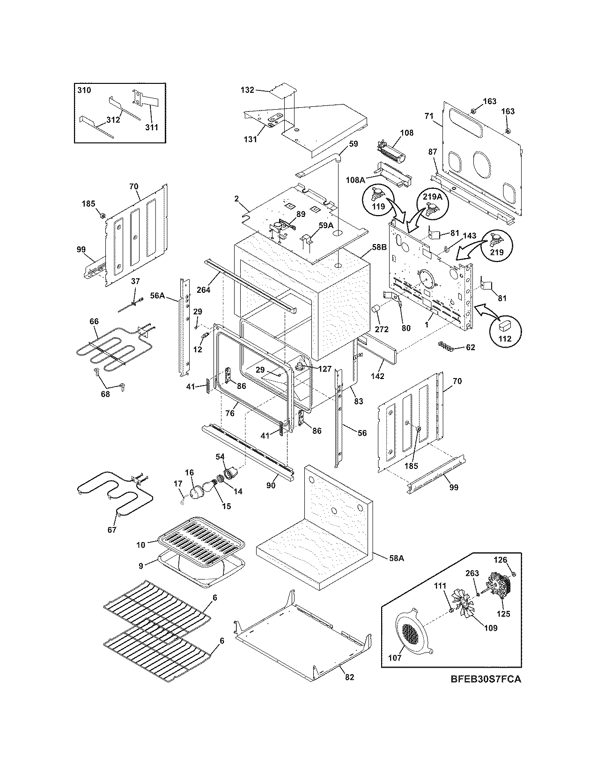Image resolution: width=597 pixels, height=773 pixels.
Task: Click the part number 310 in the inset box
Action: click(x=84, y=90)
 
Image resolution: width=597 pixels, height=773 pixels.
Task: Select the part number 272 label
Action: click(x=382, y=329)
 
